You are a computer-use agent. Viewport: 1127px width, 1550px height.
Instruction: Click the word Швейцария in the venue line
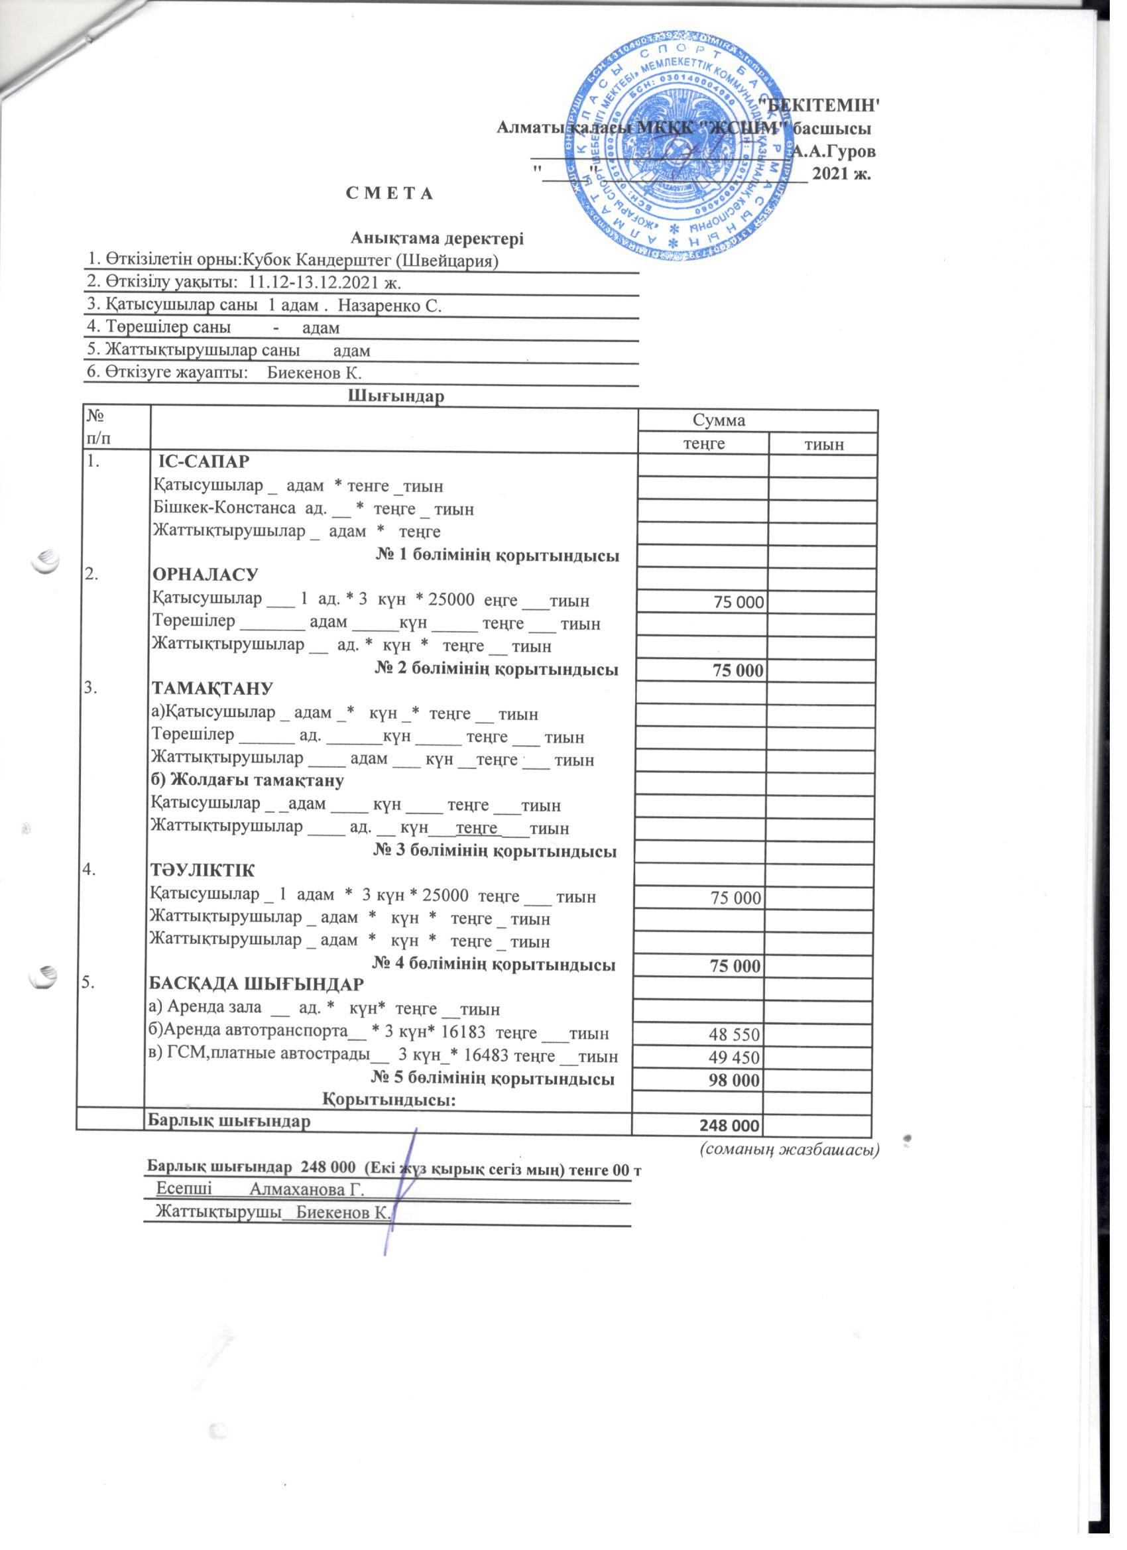coord(463,261)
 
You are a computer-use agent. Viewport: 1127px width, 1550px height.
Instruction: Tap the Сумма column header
coord(719,420)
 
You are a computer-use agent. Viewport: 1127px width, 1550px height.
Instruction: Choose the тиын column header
coord(823,444)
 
